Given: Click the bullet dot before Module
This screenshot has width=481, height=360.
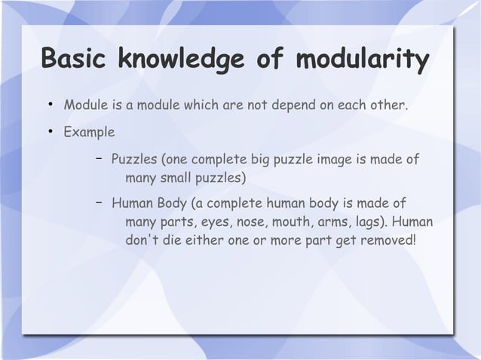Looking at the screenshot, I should coord(46,103).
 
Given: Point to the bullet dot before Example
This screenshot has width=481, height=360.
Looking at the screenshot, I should coord(46,133).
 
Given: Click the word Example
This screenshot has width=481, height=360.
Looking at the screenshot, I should coord(89,133).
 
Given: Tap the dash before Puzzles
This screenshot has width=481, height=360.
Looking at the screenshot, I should coord(98,159).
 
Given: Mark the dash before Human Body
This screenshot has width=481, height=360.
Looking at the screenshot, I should coord(98,203).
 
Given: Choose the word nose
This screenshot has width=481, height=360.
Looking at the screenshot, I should coord(255,224).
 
